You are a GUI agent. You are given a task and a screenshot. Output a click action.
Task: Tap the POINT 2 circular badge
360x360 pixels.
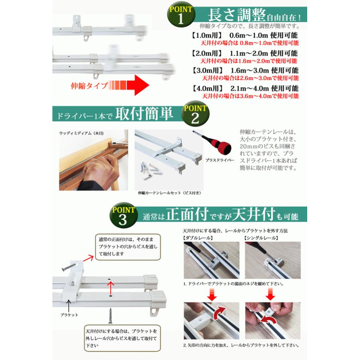click(196, 114)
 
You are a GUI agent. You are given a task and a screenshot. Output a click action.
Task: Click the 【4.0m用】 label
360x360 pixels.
click(206, 89)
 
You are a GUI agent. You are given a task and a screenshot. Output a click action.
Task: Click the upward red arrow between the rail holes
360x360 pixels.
click(110, 286)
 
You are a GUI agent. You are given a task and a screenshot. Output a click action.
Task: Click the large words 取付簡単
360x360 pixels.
click(144, 115)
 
